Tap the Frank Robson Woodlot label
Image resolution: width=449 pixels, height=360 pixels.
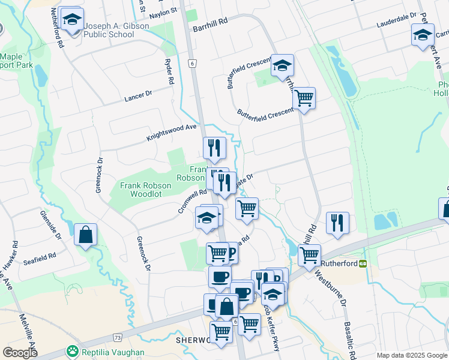[x=146, y=190]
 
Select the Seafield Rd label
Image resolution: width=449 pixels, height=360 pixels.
[x=40, y=259]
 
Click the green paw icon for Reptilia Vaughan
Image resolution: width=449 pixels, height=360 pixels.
[x=73, y=350]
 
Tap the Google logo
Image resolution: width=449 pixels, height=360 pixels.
[x=20, y=352]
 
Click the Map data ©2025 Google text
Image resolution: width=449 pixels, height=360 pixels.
[x=411, y=355]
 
